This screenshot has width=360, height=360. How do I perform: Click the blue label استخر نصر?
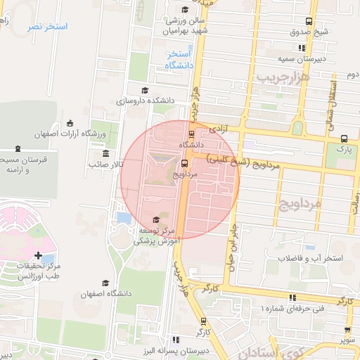(47, 27)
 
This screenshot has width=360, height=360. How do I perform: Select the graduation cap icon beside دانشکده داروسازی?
(145, 90)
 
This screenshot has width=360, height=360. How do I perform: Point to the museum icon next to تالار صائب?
(105, 154)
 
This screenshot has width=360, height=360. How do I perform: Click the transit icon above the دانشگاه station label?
(191, 134)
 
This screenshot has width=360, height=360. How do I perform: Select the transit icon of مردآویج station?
(184, 162)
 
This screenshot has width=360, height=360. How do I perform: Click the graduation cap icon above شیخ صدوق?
(301, 20)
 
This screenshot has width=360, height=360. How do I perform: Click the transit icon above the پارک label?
(343, 139)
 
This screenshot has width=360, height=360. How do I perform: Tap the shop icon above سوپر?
(348, 329)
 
